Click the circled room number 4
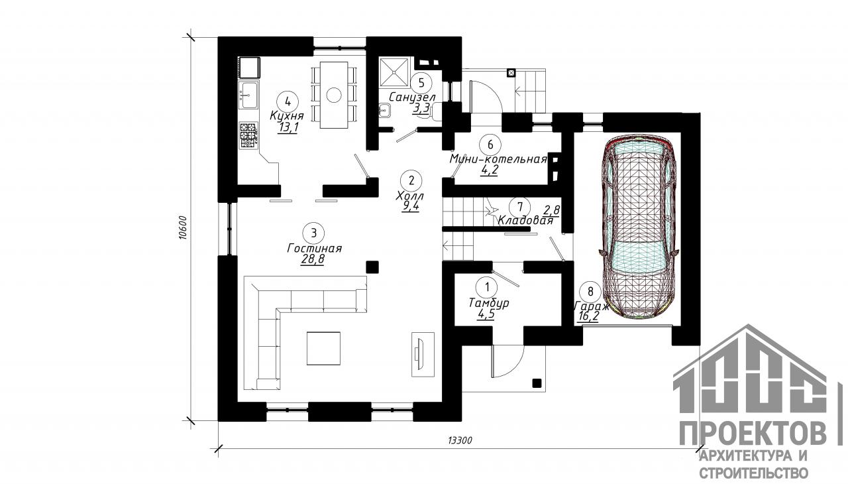(x=288, y=101)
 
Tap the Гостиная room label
(x=314, y=249)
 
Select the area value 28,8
(x=312, y=259)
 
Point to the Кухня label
(x=287, y=115)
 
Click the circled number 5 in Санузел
(x=422, y=83)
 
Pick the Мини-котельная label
(x=498, y=159)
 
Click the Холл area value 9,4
(x=410, y=206)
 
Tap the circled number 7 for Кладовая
(x=520, y=207)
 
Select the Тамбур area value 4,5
(x=486, y=314)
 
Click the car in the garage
(x=637, y=227)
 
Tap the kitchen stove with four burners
(x=248, y=135)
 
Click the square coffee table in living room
(x=323, y=348)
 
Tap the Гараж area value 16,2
(x=588, y=316)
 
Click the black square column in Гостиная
(x=372, y=267)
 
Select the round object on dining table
(x=334, y=95)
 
